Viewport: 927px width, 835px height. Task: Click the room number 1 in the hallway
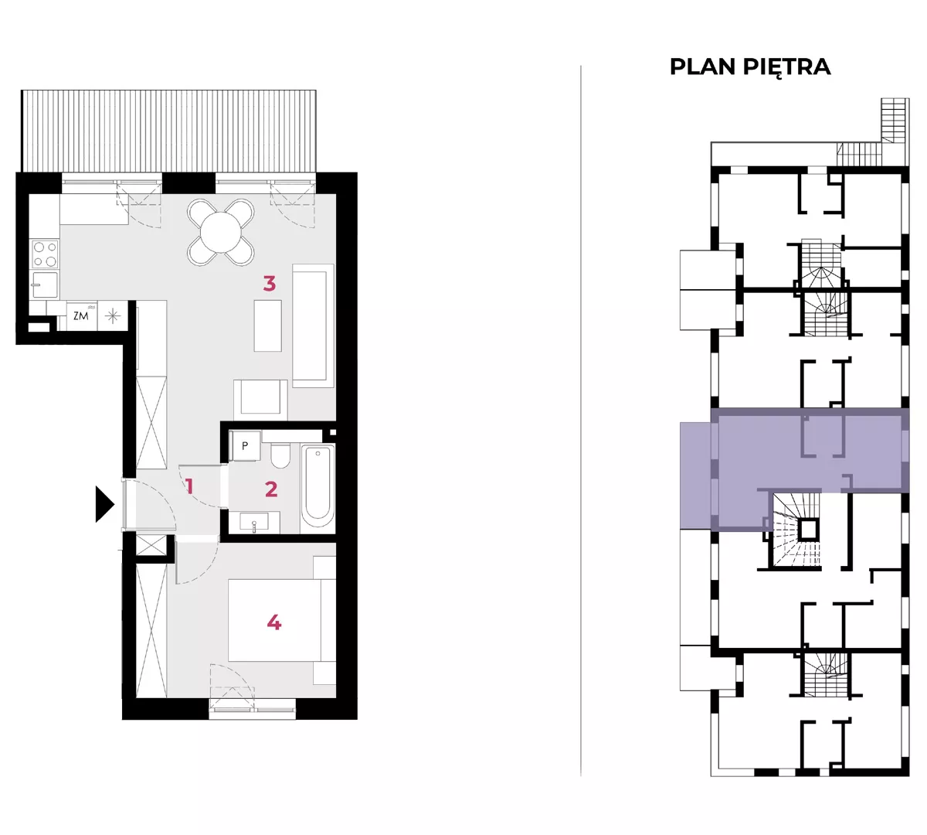(x=189, y=486)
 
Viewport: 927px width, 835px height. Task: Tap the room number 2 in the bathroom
(x=271, y=489)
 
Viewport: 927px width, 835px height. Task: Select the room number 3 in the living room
(x=270, y=283)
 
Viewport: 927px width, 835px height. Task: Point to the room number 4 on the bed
(x=274, y=622)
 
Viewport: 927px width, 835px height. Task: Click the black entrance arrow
(x=104, y=504)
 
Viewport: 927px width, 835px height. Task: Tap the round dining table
(x=221, y=232)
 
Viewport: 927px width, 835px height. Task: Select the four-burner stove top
(x=45, y=254)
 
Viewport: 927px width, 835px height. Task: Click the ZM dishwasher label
(x=81, y=316)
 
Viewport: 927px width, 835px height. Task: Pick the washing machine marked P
(x=245, y=446)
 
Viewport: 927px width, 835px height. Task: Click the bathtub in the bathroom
(x=317, y=486)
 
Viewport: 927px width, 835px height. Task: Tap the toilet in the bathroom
(x=280, y=455)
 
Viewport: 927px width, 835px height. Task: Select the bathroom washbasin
(x=254, y=522)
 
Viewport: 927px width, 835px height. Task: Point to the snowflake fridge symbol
(x=112, y=316)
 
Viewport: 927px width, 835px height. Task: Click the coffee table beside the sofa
(x=267, y=325)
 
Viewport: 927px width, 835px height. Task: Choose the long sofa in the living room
(x=314, y=325)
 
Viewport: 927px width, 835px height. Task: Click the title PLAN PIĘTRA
(x=750, y=67)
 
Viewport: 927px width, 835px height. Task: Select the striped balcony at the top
(x=168, y=131)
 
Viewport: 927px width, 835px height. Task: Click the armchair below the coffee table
(x=260, y=400)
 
